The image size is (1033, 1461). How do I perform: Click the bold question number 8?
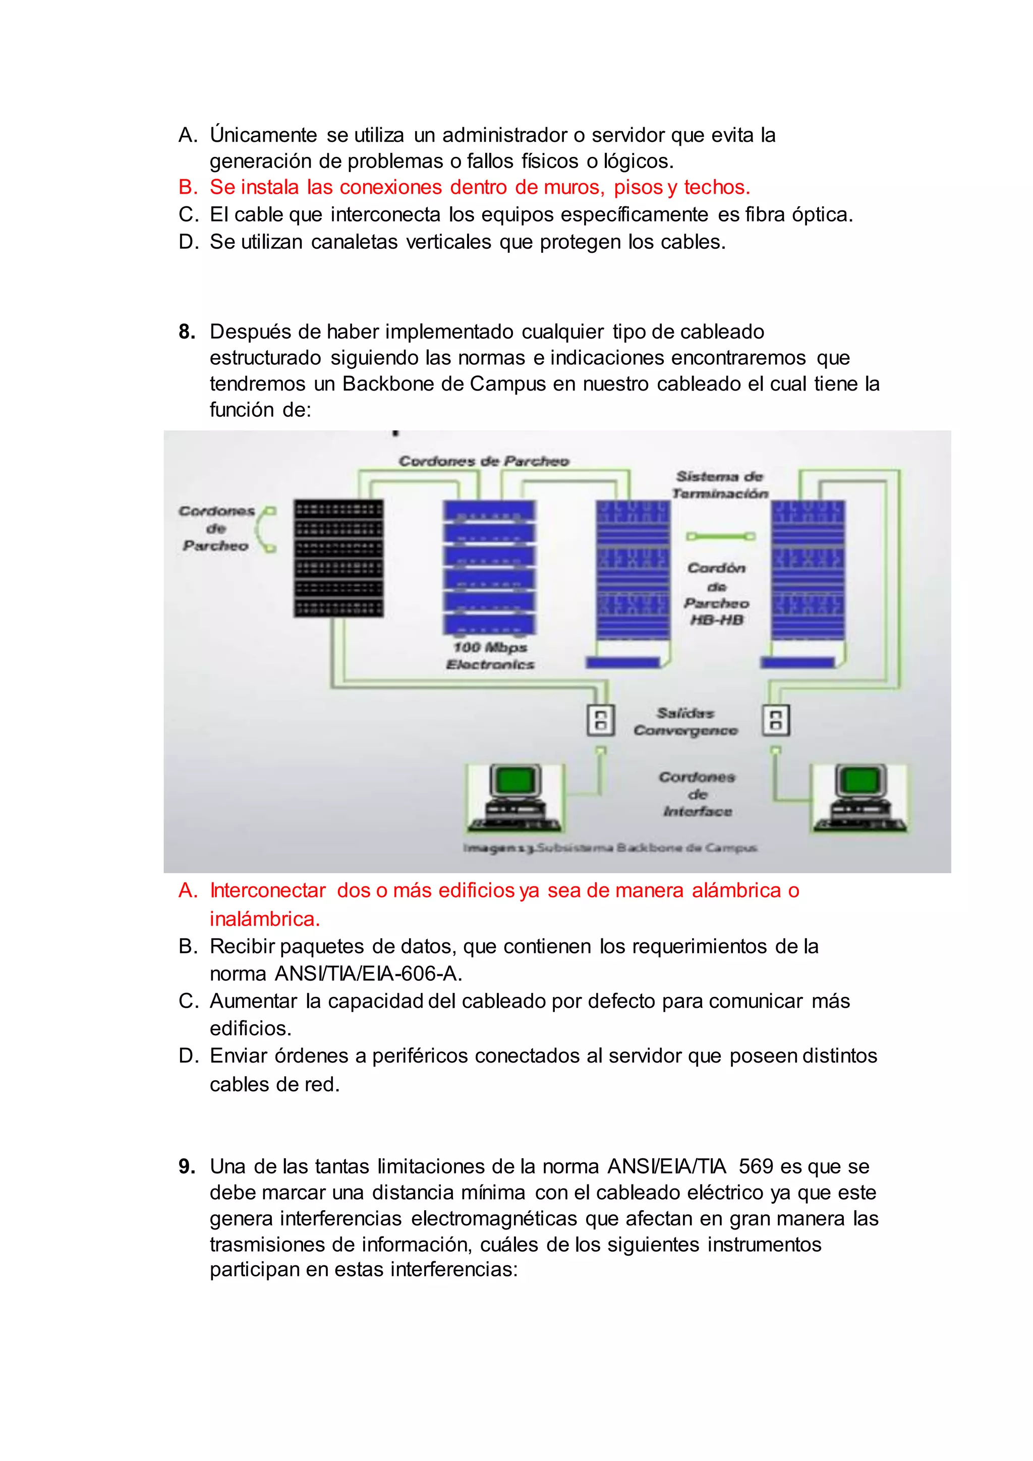pyautogui.click(x=186, y=332)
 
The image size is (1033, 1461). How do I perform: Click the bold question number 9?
pyautogui.click(x=186, y=1167)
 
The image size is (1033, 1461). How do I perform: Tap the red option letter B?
pyautogui.click(x=188, y=188)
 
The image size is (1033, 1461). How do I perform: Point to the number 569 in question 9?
pyautogui.click(x=756, y=1167)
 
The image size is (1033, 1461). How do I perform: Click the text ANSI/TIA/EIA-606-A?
pyautogui.click(x=368, y=974)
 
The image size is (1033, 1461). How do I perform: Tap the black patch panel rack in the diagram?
pyautogui.click(x=338, y=558)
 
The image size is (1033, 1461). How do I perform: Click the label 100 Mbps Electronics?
pyautogui.click(x=490, y=656)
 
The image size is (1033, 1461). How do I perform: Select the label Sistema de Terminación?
pyautogui.click(x=720, y=485)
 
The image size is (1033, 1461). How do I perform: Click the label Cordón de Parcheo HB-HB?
pyautogui.click(x=717, y=594)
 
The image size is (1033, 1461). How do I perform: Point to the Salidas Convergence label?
pyautogui.click(x=685, y=721)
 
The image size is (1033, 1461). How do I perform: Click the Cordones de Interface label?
pyautogui.click(x=697, y=794)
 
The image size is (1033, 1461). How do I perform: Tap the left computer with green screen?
pyautogui.click(x=514, y=798)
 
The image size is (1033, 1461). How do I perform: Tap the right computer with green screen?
pyautogui.click(x=859, y=798)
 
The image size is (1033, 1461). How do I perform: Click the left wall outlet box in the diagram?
pyautogui.click(x=600, y=720)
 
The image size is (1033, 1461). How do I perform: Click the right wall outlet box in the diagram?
pyautogui.click(x=776, y=720)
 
